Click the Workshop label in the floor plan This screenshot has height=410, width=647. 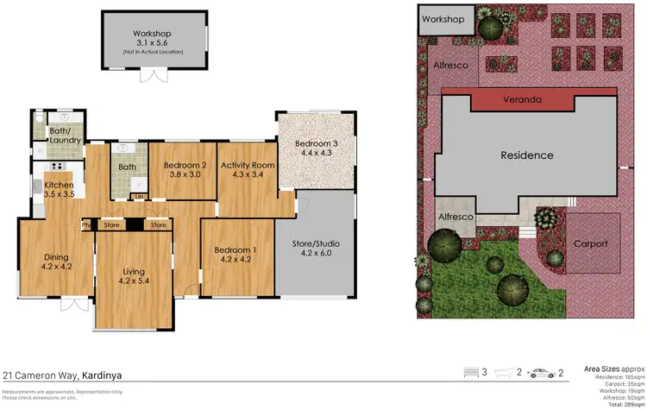pyautogui.click(x=155, y=32)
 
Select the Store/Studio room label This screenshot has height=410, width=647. pyautogui.click(x=314, y=243)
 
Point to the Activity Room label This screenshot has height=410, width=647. pyautogui.click(x=247, y=165)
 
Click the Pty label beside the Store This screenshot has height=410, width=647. pyautogui.click(x=86, y=226)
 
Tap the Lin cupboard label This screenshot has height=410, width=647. pyautogui.click(x=139, y=197)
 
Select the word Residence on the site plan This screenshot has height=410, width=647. pyautogui.click(x=527, y=156)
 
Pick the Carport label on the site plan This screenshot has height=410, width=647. pyautogui.click(x=591, y=243)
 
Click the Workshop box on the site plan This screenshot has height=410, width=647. pyautogui.click(x=443, y=19)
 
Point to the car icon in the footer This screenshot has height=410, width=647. pyautogui.click(x=541, y=373)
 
